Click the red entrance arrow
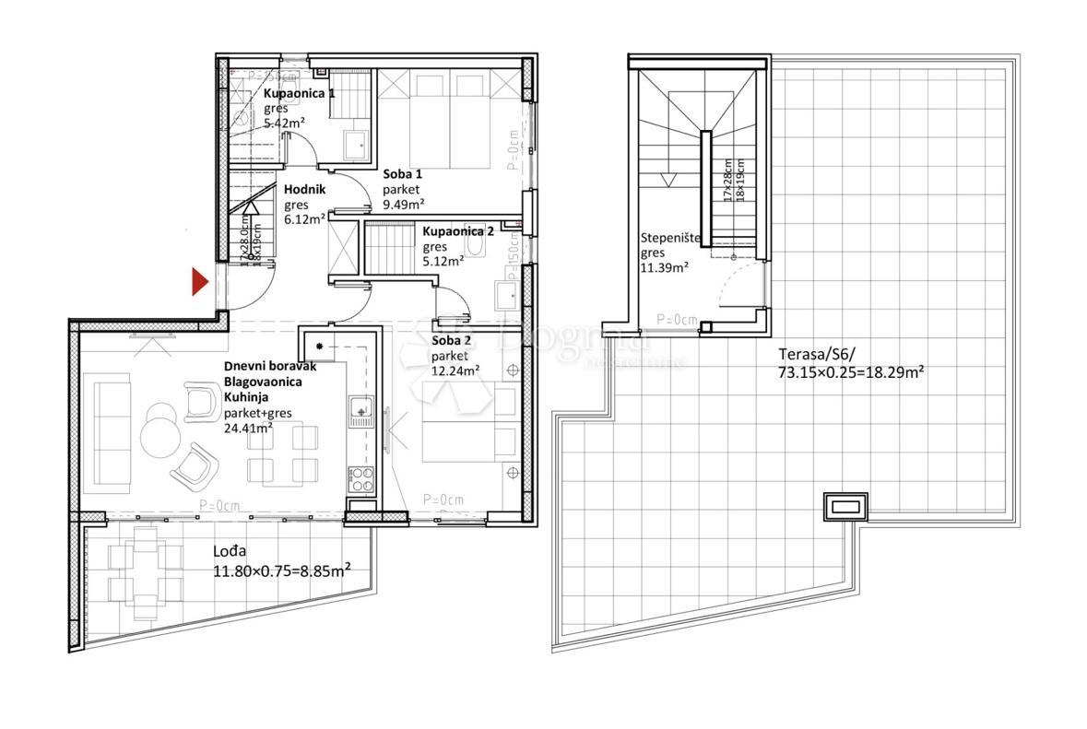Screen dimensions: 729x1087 [x=199, y=282]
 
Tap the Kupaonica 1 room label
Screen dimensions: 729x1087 [x=300, y=94]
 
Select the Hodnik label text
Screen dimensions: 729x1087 [x=302, y=190]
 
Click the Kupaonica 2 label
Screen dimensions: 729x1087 [x=458, y=232]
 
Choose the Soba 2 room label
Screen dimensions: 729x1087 [x=452, y=341]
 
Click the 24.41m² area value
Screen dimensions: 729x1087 [x=248, y=428]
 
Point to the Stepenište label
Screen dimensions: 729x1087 [x=671, y=238]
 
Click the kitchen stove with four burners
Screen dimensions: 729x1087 [x=360, y=479]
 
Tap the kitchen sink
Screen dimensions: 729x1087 [x=360, y=408]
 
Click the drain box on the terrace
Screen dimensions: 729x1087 [x=845, y=506]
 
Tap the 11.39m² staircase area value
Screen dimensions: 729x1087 [x=665, y=268]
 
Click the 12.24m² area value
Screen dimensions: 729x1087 [x=455, y=370]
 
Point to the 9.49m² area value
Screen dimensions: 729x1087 [x=404, y=205]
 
